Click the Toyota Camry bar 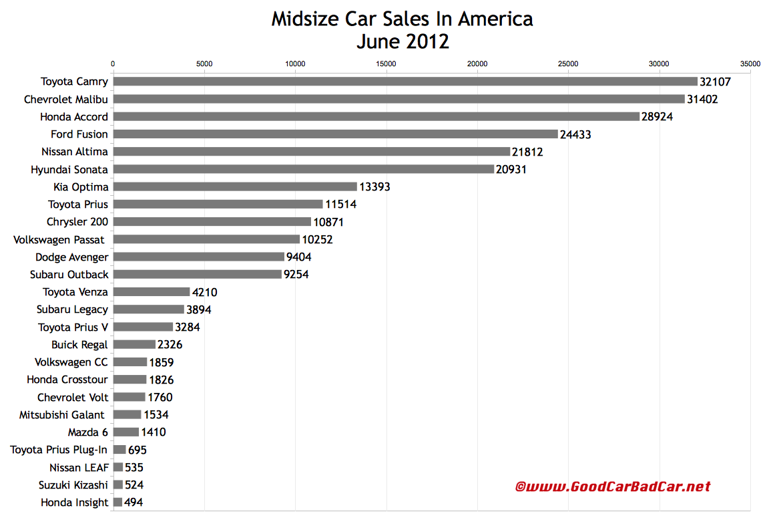click(405, 82)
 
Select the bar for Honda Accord click(376, 116)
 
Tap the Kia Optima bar click(235, 186)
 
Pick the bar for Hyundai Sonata click(304, 169)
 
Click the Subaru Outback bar click(197, 274)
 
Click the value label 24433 click(575, 134)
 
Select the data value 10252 click(318, 239)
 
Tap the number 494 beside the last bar click(134, 503)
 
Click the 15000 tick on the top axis click(386, 64)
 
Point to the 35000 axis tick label click(750, 64)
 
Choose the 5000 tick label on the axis click(204, 64)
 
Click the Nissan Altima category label click(74, 152)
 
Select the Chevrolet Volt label click(73, 397)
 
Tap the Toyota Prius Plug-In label click(59, 450)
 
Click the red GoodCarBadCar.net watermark click(613, 487)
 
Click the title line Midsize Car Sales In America click(402, 19)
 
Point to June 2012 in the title click(402, 41)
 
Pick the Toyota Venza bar click(152, 291)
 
